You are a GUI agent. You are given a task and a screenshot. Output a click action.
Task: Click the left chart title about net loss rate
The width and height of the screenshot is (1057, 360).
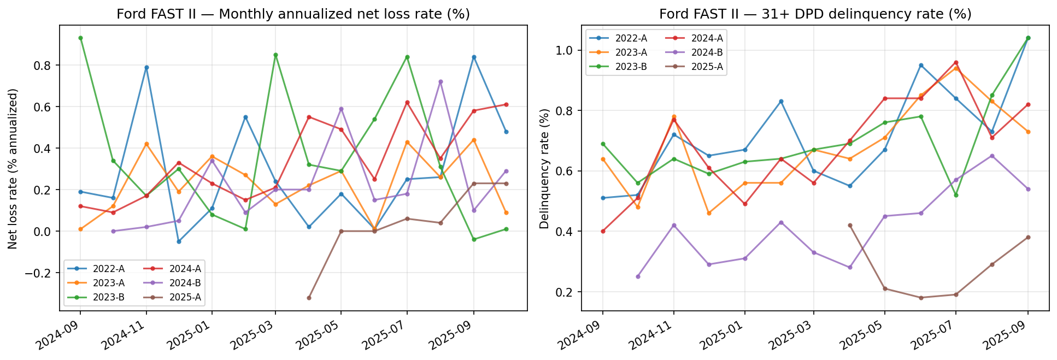click(293, 14)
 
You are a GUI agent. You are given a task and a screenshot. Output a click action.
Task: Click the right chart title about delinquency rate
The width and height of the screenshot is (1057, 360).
click(815, 14)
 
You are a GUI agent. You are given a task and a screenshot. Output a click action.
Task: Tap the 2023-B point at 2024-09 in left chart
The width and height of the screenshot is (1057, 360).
click(80, 38)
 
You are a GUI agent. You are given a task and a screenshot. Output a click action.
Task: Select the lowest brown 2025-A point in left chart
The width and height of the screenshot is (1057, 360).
click(309, 298)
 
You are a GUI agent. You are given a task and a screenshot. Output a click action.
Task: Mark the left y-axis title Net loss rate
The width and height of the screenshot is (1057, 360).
click(13, 168)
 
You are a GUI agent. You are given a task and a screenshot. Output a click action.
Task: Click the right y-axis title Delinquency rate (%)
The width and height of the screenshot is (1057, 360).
click(544, 168)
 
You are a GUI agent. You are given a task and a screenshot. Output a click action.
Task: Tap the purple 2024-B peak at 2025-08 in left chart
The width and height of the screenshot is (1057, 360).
click(441, 82)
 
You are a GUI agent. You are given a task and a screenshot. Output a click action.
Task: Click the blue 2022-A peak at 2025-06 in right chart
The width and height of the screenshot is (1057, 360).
click(921, 66)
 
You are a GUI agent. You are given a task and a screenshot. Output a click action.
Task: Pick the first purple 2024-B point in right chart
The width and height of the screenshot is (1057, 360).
click(638, 276)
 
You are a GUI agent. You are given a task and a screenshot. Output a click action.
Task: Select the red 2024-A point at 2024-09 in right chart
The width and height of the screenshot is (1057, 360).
click(603, 231)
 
